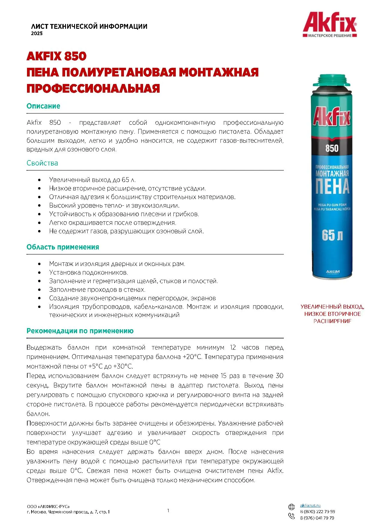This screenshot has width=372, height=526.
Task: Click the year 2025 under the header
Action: (37, 34)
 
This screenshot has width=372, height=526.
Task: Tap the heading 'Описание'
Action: (43, 106)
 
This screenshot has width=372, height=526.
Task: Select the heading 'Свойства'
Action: (42, 163)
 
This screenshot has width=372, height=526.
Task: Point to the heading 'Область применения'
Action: (63, 247)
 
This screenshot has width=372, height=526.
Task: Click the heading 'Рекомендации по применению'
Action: (80, 331)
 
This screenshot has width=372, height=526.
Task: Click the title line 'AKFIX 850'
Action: (56, 56)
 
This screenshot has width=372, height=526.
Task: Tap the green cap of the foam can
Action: (331, 80)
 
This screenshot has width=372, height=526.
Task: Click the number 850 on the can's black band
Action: (332, 148)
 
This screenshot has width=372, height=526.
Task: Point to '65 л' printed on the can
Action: (332, 235)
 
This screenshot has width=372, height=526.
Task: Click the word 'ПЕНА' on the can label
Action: (332, 187)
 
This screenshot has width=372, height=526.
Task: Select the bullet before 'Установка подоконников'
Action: (39, 273)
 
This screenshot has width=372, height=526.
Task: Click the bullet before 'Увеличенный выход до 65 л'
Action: (39, 180)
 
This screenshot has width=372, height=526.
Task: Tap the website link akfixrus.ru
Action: (310, 506)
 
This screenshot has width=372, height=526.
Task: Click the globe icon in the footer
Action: (291, 507)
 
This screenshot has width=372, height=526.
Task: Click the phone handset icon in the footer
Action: (291, 516)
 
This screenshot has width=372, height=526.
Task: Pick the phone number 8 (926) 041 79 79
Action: (317, 518)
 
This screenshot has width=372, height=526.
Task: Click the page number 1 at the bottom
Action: (168, 511)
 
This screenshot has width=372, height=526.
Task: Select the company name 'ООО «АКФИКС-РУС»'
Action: (48, 507)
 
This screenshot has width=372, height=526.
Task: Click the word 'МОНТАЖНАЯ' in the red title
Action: (218, 72)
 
